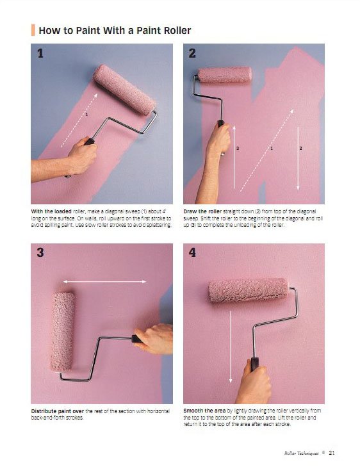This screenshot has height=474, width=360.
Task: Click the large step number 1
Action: (x=40, y=54)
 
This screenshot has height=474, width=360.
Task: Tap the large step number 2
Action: (x=192, y=54)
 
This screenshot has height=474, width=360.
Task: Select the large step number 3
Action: (x=40, y=252)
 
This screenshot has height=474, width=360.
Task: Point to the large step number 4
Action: (x=192, y=252)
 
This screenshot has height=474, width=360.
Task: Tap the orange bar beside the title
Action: (x=33, y=30)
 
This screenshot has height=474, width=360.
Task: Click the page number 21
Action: (x=332, y=452)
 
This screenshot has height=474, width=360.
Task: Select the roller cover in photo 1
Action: (x=124, y=90)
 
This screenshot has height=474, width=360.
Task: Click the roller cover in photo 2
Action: (x=225, y=75)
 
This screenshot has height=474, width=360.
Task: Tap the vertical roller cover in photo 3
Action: (x=63, y=332)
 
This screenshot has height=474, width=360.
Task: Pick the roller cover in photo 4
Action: (x=249, y=291)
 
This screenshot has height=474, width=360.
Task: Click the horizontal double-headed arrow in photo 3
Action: (x=104, y=282)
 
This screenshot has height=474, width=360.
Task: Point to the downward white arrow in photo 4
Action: (x=231, y=347)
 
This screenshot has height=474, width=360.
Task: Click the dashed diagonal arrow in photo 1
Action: (x=79, y=120)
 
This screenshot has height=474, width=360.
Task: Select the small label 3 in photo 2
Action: (x=238, y=149)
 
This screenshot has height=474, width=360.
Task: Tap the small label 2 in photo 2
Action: (x=301, y=149)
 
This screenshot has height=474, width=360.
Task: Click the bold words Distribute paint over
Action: (x=58, y=411)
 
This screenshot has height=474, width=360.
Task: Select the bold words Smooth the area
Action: (x=204, y=411)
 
